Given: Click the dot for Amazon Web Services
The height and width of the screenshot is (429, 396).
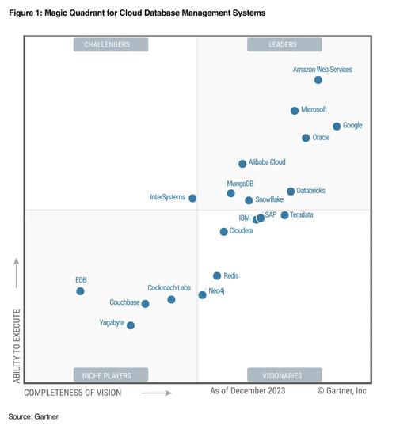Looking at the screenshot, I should [x=318, y=80].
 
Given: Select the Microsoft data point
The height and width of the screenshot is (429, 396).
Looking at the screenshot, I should [x=295, y=111].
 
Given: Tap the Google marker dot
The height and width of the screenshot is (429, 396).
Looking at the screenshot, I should [x=337, y=127].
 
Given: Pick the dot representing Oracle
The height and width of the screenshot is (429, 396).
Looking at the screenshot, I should [x=306, y=139].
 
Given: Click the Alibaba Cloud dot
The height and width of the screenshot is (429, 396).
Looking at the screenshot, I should [x=242, y=164].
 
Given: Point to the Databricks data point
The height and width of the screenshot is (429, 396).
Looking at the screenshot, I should [x=291, y=192].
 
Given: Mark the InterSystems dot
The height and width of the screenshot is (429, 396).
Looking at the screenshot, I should [x=192, y=198].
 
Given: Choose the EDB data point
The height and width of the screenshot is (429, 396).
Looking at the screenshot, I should [x=80, y=291].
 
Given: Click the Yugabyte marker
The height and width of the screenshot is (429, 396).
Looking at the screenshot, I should [x=131, y=325].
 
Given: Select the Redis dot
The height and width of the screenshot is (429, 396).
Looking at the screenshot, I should [x=217, y=276].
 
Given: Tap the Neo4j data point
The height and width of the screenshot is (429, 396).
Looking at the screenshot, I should [x=202, y=295].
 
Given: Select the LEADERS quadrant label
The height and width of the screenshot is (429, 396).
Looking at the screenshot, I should [x=284, y=45].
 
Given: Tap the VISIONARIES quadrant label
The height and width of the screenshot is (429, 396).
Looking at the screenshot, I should [x=284, y=375].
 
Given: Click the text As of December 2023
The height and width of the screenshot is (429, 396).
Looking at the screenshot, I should [x=247, y=391].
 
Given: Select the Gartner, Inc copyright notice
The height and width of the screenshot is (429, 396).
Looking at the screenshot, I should [x=342, y=391].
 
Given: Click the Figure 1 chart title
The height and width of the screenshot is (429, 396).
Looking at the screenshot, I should [x=137, y=14].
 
